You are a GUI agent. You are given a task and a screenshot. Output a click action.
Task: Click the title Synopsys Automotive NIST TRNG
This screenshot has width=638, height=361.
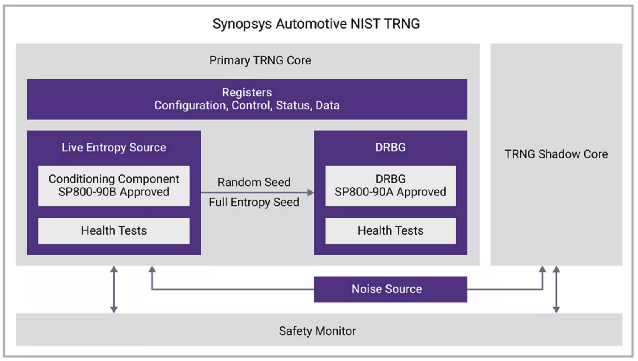point(316,24)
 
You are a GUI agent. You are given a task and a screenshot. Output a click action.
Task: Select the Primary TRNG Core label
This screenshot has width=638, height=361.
point(260,60)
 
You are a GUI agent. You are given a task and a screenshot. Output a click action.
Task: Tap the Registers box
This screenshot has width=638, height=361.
point(247,99)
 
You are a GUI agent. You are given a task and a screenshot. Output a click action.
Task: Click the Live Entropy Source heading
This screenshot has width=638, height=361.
point(114,147)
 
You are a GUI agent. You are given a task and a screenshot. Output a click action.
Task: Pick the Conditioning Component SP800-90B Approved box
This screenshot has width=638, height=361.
point(114,185)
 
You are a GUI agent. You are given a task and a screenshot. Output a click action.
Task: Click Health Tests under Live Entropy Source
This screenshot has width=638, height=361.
point(114,230)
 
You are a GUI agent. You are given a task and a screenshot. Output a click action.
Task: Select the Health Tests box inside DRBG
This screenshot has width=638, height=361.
point(390,230)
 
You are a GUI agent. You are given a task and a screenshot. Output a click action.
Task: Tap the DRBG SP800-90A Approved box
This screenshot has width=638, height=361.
point(390,185)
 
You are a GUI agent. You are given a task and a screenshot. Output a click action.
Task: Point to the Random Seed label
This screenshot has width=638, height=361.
point(254,182)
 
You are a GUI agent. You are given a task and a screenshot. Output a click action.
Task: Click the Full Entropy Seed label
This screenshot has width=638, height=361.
point(254,202)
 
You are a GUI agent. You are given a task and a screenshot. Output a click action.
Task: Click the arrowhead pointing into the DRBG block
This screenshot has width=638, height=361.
point(310,193)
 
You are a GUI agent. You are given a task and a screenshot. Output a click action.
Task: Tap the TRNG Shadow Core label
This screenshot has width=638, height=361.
point(556,154)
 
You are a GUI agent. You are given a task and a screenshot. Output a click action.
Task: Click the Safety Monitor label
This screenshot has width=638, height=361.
point(317,331)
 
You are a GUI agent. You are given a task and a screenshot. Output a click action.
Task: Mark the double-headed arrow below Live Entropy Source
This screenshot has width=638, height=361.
point(114,289)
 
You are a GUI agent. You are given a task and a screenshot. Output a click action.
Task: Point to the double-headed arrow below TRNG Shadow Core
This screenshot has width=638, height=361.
point(556,289)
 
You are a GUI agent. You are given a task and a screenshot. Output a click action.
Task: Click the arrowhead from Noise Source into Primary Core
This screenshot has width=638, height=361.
point(152,270)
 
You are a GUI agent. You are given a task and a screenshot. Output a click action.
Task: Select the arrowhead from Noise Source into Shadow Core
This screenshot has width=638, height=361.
point(542,270)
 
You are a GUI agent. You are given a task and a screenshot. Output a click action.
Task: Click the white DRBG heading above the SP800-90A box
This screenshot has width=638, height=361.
point(390,147)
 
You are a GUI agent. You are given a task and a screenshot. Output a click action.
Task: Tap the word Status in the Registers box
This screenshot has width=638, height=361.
point(293,106)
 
